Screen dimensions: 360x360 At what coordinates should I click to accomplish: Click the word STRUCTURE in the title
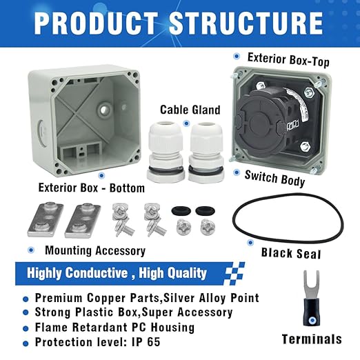coord(246,23)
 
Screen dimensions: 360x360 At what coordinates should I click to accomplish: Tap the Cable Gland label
coord(190,110)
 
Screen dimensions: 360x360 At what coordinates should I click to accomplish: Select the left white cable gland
coord(165,152)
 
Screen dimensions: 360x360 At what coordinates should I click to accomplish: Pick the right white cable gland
coord(206,151)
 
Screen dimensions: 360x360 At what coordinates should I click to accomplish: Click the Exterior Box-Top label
coord(288,59)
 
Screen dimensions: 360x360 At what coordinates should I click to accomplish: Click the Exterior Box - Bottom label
coord(92,188)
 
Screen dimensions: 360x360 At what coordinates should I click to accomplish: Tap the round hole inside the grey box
coord(104,109)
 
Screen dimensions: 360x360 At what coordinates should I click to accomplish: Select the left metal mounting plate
coord(46,219)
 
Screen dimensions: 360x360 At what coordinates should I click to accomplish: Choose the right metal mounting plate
coord(83,220)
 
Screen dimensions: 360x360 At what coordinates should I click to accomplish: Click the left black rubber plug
coord(181,211)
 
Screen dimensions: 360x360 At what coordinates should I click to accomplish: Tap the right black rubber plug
coord(205,211)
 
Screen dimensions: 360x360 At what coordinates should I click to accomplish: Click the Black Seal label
coord(291,253)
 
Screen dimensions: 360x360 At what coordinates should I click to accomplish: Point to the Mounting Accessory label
coord(95,250)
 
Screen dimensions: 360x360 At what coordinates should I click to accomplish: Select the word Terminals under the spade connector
coord(312,339)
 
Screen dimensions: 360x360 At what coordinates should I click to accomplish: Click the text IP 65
coord(146,342)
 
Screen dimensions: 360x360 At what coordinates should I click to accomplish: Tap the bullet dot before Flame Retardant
coord(26,328)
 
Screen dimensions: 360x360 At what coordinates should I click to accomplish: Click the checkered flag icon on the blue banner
coord(234,273)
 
